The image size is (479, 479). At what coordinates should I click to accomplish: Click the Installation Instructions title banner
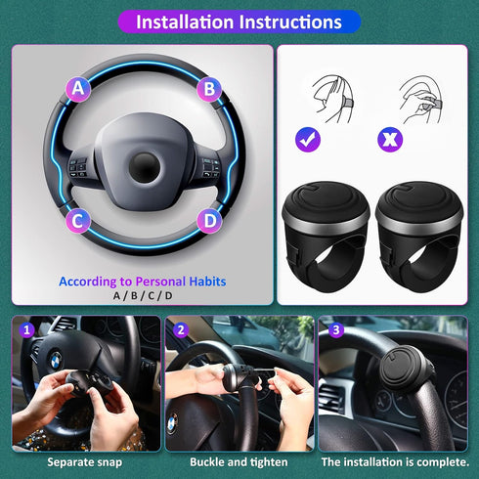[239, 22]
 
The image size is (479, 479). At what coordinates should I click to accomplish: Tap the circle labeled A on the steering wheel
[79, 89]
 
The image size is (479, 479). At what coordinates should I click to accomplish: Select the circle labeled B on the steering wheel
[207, 89]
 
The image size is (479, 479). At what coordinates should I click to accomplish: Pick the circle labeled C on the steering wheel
[79, 220]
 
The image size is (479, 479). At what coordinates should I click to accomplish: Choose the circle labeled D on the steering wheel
[207, 220]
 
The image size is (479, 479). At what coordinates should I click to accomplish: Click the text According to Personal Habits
[143, 281]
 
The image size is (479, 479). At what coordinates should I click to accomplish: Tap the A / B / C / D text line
[143, 296]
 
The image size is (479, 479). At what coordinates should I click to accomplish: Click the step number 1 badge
[27, 329]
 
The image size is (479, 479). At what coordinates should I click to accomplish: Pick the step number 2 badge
[180, 329]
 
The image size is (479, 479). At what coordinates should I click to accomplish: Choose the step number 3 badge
[334, 329]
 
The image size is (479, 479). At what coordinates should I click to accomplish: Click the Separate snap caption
[83, 461]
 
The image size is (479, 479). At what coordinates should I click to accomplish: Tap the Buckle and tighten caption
[239, 461]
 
